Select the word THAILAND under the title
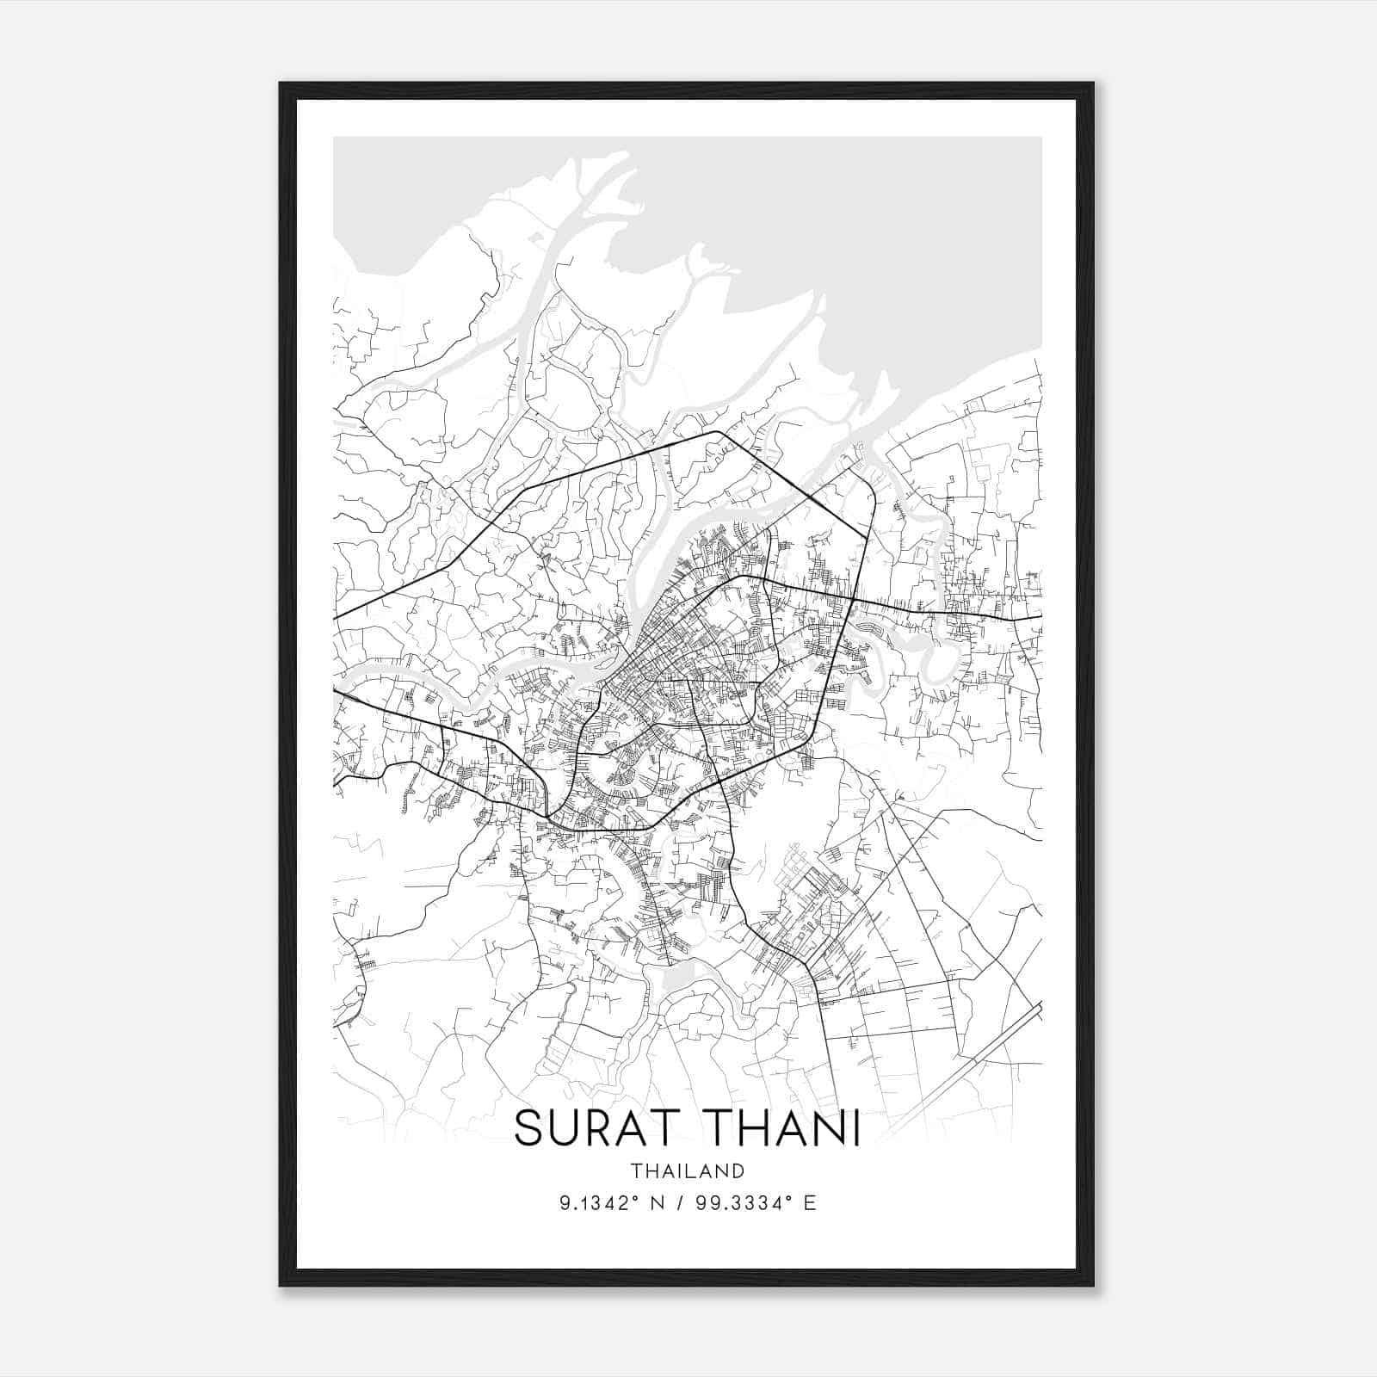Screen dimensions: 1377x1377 tap(687, 1171)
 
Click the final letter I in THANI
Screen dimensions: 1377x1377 tap(855, 1129)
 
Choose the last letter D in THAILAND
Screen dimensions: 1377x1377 tap(738, 1171)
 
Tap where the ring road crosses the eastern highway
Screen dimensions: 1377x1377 tap(853, 598)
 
